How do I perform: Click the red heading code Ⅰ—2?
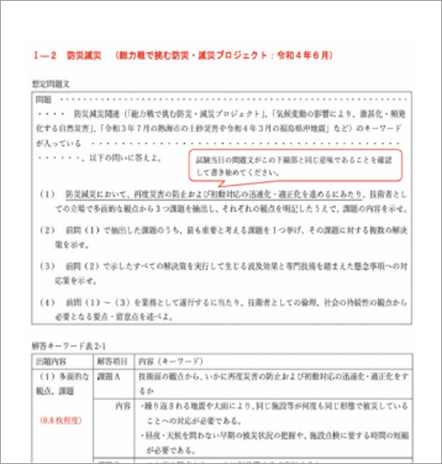(42, 55)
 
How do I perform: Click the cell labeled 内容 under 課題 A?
(123, 406)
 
